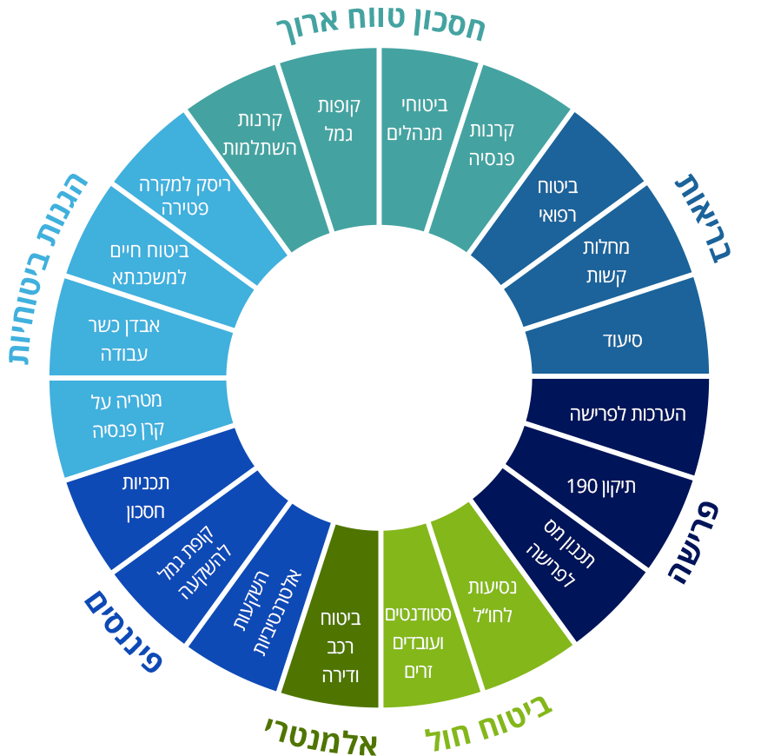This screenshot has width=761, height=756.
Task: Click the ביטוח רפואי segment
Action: pyautogui.click(x=558, y=200)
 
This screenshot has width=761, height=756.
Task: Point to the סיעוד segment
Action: pyautogui.click(x=622, y=340)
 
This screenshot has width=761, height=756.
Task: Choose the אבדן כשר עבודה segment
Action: pyautogui.click(x=124, y=339)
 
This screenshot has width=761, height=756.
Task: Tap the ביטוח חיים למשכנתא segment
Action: pyautogui.click(x=149, y=264)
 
